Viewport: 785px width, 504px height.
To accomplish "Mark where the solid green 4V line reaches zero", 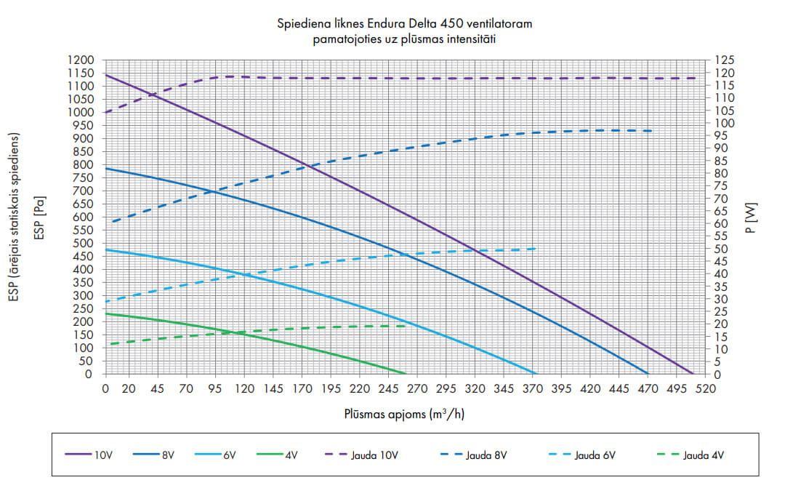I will [407, 374].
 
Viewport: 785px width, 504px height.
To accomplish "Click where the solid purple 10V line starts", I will [105, 74].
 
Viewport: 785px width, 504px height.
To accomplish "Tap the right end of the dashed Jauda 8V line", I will [653, 131].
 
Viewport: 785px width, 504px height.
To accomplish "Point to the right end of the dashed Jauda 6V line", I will [536, 249].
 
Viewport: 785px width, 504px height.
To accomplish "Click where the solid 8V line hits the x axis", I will [648, 374].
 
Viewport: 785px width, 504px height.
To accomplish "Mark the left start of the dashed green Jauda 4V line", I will [110, 344].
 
